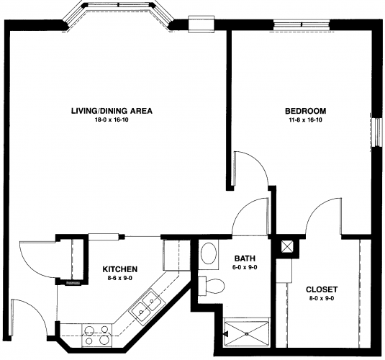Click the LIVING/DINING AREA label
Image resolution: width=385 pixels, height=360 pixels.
[x=112, y=111]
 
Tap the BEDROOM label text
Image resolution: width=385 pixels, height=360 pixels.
[x=305, y=111]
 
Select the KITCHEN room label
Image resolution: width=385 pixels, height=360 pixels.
[x=120, y=269]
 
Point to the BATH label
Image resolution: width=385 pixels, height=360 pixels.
[x=245, y=258]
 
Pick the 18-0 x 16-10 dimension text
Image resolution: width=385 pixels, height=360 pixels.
[x=112, y=120]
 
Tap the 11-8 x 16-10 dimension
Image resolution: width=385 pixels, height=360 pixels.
[x=305, y=120]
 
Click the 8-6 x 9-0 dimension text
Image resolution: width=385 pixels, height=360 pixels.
[x=120, y=279]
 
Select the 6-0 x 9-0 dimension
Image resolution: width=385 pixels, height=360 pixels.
[x=245, y=268]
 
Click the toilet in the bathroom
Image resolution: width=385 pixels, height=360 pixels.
[x=212, y=286]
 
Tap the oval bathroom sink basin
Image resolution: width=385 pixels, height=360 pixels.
[x=209, y=253]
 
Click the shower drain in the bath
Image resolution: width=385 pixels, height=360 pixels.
[x=247, y=333]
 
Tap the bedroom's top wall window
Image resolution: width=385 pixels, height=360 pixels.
[x=302, y=24]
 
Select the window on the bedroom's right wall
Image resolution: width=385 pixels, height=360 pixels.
[x=376, y=132]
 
